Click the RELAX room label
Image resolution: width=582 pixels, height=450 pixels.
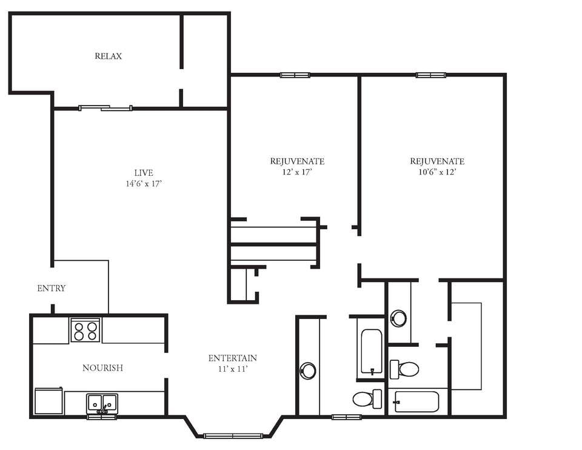pyautogui.click(x=108, y=56)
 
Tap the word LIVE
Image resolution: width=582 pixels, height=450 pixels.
pyautogui.click(x=144, y=173)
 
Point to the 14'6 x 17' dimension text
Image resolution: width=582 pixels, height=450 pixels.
pyautogui.click(x=144, y=183)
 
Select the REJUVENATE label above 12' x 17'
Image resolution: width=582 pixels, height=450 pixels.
pyautogui.click(x=297, y=161)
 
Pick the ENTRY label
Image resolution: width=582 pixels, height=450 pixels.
pyautogui.click(x=52, y=288)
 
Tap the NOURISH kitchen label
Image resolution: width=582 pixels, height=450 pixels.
pyautogui.click(x=102, y=368)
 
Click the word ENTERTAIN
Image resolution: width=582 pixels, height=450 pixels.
pyautogui.click(x=232, y=358)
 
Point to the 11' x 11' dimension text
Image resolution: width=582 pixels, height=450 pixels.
pyautogui.click(x=232, y=368)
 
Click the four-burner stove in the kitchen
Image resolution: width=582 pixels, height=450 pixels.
pyautogui.click(x=85, y=331)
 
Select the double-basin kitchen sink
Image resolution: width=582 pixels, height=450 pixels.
pyautogui.click(x=102, y=403)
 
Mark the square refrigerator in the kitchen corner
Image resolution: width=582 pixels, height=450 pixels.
pyautogui.click(x=48, y=401)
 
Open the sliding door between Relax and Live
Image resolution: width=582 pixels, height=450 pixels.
pyautogui.click(x=105, y=109)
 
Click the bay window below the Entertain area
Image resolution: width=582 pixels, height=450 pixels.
pyautogui.click(x=233, y=435)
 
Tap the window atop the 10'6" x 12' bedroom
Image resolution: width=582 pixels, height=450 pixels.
pyautogui.click(x=430, y=75)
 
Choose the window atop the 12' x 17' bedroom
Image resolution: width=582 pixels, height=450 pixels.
pyautogui.click(x=295, y=75)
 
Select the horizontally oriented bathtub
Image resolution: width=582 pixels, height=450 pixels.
pyautogui.click(x=416, y=401)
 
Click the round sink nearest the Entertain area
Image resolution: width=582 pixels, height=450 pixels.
pyautogui.click(x=308, y=370)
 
